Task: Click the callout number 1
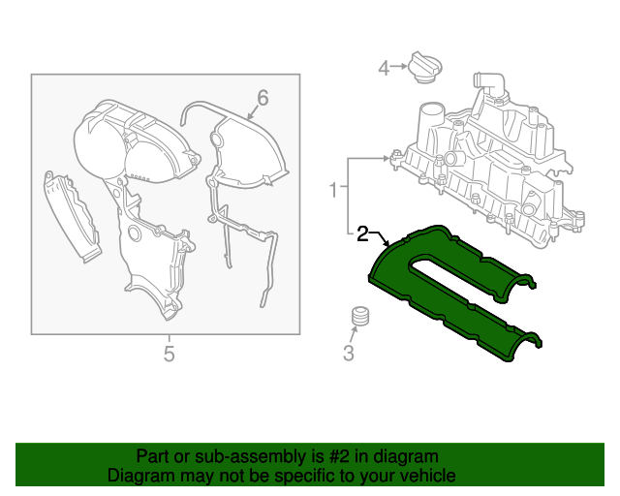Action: click(x=333, y=190)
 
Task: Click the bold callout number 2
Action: click(x=362, y=233)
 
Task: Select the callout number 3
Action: click(x=349, y=353)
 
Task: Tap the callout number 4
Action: click(x=384, y=68)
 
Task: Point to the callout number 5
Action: click(x=169, y=354)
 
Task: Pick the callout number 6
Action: click(x=263, y=98)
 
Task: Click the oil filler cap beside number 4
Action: click(x=424, y=67)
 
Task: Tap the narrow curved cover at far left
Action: click(x=71, y=216)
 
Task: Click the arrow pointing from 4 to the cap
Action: click(x=398, y=67)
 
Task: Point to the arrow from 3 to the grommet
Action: click(x=354, y=335)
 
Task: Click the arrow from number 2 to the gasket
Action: click(x=380, y=238)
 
